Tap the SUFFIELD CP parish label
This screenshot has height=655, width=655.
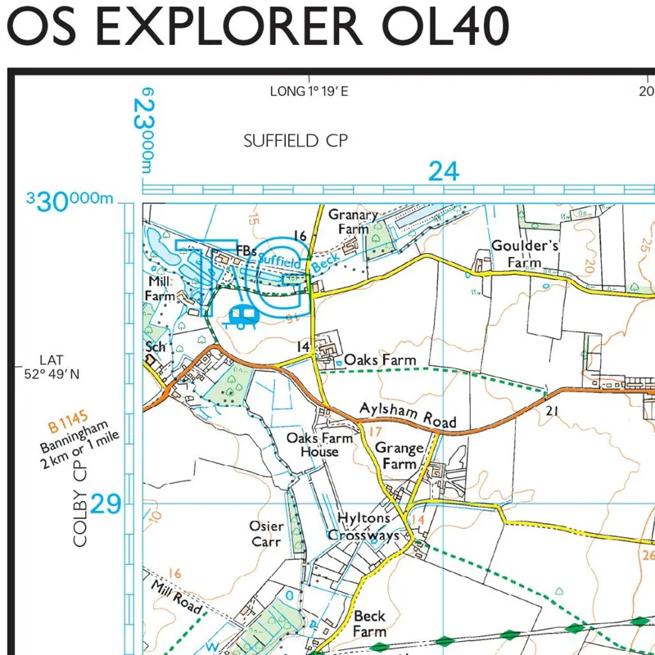point(296,141)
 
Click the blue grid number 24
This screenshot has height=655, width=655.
point(443,171)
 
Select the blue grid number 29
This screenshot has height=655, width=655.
point(106,504)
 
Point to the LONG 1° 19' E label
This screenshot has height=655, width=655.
point(309,91)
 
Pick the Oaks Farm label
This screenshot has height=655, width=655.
point(380,360)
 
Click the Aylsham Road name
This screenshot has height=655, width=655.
point(408,415)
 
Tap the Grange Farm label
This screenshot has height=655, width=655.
point(399,456)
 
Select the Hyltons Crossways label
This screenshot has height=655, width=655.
point(364,527)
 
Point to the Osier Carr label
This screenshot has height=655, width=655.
point(267,534)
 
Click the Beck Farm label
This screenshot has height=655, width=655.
point(370,624)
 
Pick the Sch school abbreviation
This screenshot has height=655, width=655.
point(156,347)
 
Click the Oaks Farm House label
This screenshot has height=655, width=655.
point(319,445)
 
